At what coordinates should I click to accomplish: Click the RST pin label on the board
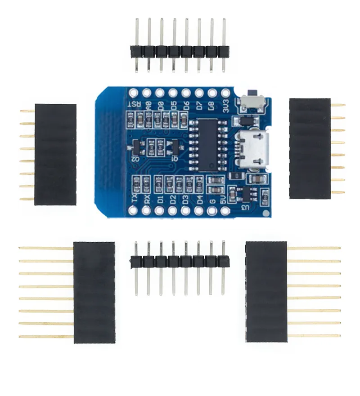[134, 104]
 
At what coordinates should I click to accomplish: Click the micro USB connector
[255, 148]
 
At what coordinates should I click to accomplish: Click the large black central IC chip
[207, 145]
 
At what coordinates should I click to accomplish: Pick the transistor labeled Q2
[135, 147]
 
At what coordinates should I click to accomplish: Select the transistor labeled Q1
[174, 147]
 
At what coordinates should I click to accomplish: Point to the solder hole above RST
[133, 93]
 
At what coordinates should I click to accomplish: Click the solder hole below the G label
[212, 210]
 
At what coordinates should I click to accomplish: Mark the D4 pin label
[199, 199]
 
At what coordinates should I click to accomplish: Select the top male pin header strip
[180, 51]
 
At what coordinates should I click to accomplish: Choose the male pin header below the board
[180, 262]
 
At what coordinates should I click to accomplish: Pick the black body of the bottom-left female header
[94, 292]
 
